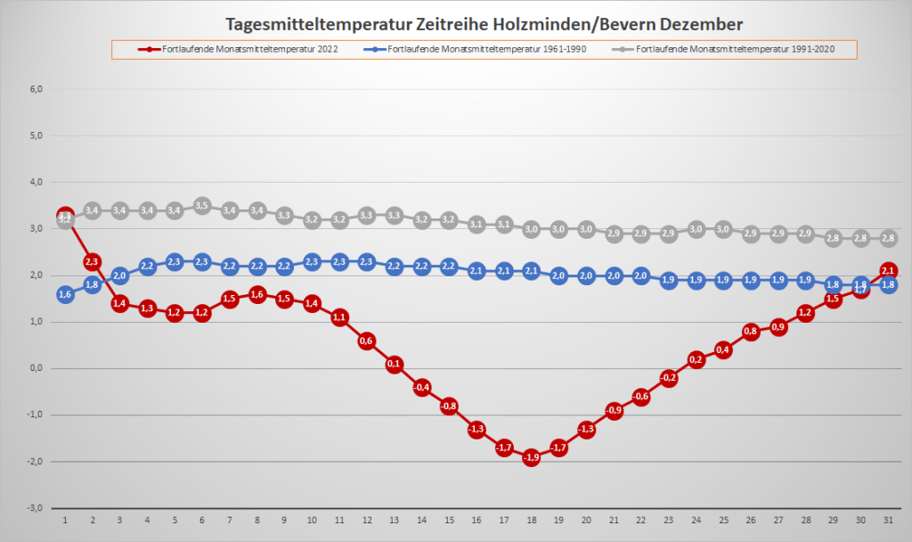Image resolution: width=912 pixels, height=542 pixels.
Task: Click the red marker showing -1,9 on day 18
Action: point(532,457)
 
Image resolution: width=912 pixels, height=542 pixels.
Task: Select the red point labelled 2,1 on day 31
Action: point(889,270)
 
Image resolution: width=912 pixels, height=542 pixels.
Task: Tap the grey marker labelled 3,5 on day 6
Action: point(202,206)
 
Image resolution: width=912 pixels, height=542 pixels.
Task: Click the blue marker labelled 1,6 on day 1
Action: point(65,294)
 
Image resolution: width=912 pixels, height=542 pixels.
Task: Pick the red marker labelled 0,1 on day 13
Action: point(395,364)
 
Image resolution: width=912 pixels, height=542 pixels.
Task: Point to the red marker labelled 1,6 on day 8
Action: point(257,294)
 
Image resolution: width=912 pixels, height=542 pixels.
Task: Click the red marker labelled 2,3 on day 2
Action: point(93,262)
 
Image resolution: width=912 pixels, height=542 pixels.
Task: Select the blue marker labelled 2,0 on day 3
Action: point(120,275)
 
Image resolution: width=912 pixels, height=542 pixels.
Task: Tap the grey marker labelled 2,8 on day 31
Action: point(889,238)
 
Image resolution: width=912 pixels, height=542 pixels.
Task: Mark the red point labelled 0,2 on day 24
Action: point(696,359)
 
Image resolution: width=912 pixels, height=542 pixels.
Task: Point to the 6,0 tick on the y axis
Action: point(36,89)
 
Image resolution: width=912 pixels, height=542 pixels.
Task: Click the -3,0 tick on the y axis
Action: point(34,508)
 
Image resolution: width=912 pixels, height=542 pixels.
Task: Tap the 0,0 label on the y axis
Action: point(36,368)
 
